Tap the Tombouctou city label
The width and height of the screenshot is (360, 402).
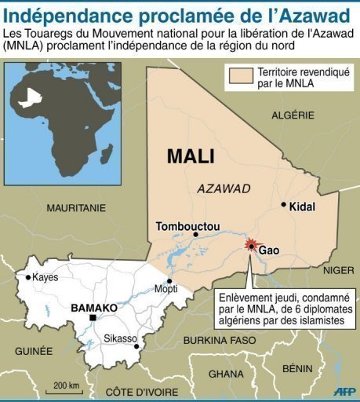pyautogui.click(x=187, y=227)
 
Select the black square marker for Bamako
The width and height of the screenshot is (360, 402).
pyautogui.click(x=93, y=318)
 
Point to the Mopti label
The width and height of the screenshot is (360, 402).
pyautogui.click(x=165, y=288)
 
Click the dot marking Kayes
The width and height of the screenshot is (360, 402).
pyautogui.click(x=29, y=277)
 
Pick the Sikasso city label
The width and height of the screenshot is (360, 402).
pyautogui.click(x=120, y=338)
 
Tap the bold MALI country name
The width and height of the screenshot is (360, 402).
pyautogui.click(x=190, y=157)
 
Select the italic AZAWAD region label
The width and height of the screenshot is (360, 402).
pyautogui.click(x=224, y=189)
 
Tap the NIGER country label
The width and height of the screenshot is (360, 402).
pyautogui.click(x=339, y=270)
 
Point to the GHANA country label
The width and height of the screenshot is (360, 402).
pyautogui.click(x=227, y=374)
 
